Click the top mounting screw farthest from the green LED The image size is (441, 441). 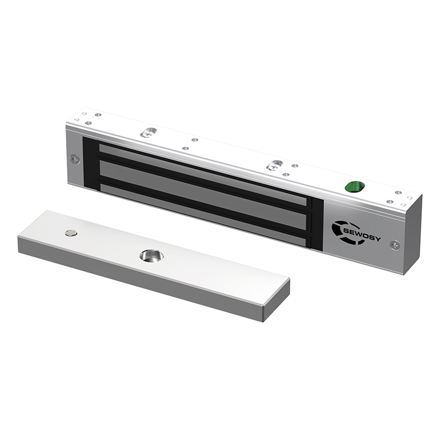[147, 133]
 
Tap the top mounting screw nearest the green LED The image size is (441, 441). [275, 165]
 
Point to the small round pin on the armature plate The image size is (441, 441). [71, 233]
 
